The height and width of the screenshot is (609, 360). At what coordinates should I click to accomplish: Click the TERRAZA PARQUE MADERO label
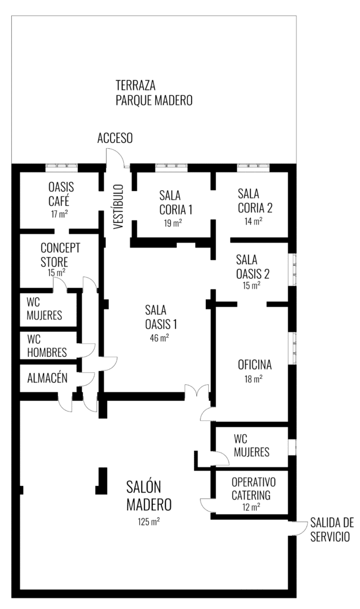[x=154, y=92]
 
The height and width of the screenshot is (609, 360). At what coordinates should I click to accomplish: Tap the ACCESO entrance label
[x=115, y=139]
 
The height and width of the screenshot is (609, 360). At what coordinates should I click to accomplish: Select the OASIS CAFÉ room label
[x=61, y=193]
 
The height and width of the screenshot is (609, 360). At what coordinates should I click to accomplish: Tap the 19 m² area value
[x=173, y=223]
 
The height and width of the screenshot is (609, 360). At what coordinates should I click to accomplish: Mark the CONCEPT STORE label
[x=60, y=255]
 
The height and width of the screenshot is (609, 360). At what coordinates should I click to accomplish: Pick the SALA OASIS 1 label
[x=161, y=317]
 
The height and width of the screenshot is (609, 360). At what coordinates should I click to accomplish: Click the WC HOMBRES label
[x=46, y=346]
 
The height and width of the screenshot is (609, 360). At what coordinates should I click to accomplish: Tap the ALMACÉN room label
[x=47, y=378]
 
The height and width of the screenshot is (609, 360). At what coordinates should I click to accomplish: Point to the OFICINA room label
[x=254, y=365]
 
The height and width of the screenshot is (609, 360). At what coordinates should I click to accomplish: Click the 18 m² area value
[x=253, y=378]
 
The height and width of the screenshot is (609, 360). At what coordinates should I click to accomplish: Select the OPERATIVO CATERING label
[x=253, y=488]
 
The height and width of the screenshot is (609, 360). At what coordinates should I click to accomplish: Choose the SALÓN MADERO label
[x=149, y=495]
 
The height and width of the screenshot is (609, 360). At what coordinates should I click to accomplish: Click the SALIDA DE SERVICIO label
[x=331, y=529]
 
